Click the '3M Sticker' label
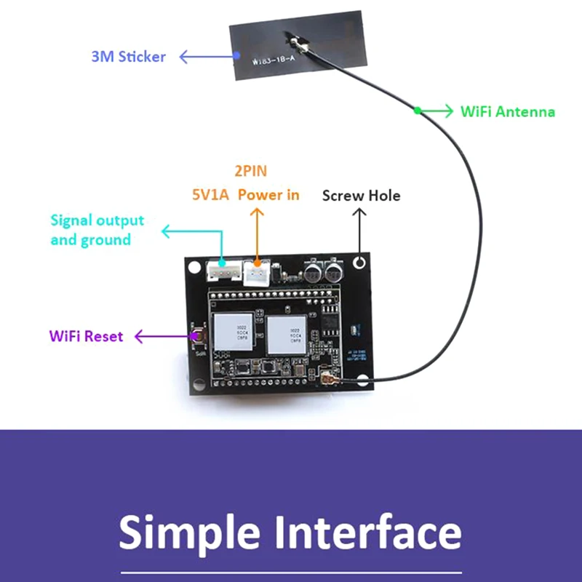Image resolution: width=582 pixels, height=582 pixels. [128, 56]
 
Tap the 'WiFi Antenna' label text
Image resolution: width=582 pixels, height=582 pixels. [507, 111]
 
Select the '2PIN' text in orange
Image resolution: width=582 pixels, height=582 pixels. [250, 172]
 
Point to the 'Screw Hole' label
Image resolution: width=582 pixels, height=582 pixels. [361, 195]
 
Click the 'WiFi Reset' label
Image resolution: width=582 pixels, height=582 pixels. [86, 336]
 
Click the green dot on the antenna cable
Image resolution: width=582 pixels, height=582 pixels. [418, 111]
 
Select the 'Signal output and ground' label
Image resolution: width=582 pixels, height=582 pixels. [97, 230]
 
